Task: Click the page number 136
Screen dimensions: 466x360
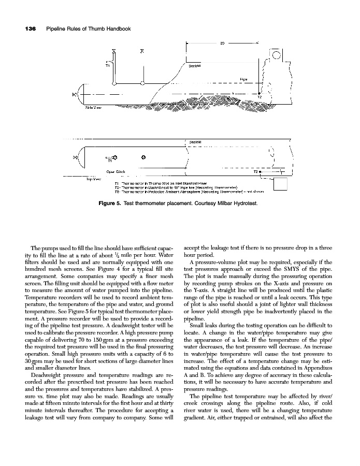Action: pos(27,28)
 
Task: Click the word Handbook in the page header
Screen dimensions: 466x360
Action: pos(115,28)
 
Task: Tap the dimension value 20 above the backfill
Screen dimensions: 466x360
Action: pos(222,43)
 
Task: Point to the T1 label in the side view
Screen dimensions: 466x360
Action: pos(107,66)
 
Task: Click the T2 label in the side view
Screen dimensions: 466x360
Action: pos(260,97)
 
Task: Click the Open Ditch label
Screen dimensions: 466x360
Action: pos(114,171)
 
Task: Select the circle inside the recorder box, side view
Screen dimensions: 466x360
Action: pos(276,55)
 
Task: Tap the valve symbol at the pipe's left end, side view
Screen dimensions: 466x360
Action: pos(76,95)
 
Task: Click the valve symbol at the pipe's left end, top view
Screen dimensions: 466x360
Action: pos(76,157)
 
